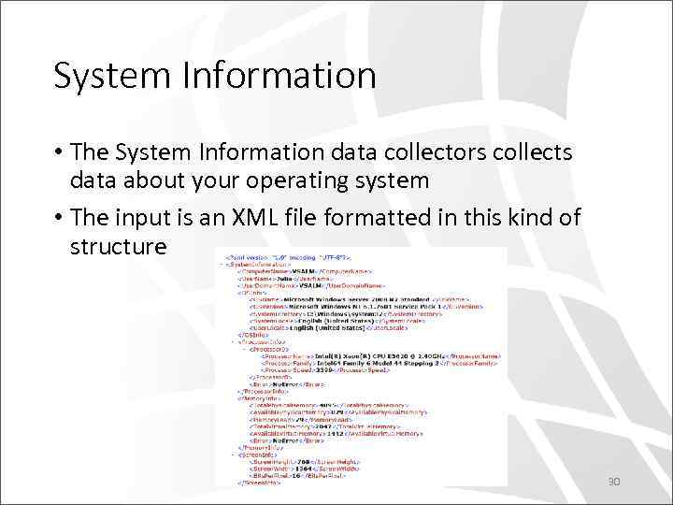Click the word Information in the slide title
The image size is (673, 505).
pyautogui.click(x=281, y=76)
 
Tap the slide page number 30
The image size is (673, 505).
pyautogui.click(x=614, y=483)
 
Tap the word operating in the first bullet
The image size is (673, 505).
pyautogui.click(x=302, y=180)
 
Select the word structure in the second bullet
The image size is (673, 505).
pyautogui.click(x=118, y=247)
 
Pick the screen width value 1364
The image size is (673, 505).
pyautogui.click(x=302, y=467)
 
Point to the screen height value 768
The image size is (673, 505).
pyautogui.click(x=304, y=458)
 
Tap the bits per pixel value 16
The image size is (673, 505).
pyautogui.click(x=296, y=475)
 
